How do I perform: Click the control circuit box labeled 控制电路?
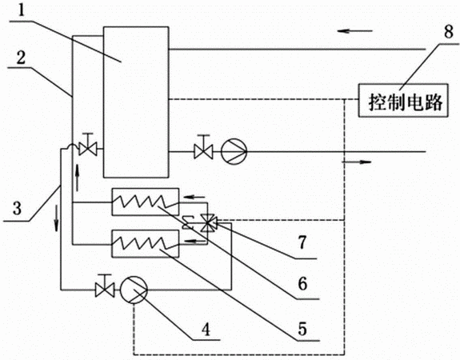point(403,100)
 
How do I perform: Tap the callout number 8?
point(449,32)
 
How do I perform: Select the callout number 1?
point(21,11)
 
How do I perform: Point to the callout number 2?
point(21,58)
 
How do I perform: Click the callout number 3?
point(17,208)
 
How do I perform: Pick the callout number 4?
point(206,329)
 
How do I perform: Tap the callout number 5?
point(302,329)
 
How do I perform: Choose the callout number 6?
point(302,283)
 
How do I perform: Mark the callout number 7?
point(302,242)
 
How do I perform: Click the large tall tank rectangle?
point(136,102)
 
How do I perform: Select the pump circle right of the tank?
point(234,151)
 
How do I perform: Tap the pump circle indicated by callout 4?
point(134,290)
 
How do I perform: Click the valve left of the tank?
point(88,145)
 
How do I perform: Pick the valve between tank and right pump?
point(203,147)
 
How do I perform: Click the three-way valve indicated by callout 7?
point(208,223)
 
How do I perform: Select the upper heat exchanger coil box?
point(146,202)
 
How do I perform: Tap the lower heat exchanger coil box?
point(146,243)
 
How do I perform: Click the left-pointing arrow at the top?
point(354,30)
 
